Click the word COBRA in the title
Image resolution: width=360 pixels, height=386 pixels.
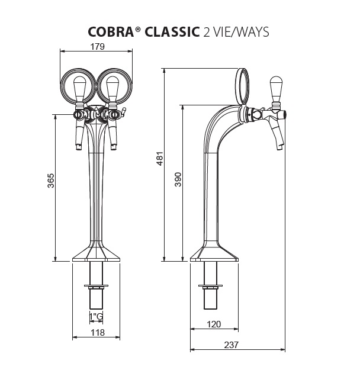pos(110,32)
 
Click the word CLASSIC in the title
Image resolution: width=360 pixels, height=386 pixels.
pos(171,32)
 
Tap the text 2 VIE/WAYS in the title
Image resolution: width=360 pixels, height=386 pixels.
pos(236,32)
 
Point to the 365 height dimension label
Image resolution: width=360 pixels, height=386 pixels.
pos(50,181)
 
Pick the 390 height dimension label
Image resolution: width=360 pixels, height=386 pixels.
pos(177,180)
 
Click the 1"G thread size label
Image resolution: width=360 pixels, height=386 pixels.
pos(96,316)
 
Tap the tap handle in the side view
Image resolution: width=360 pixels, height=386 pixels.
pos(275,89)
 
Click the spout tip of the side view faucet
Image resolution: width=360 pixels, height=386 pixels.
pos(278,148)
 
